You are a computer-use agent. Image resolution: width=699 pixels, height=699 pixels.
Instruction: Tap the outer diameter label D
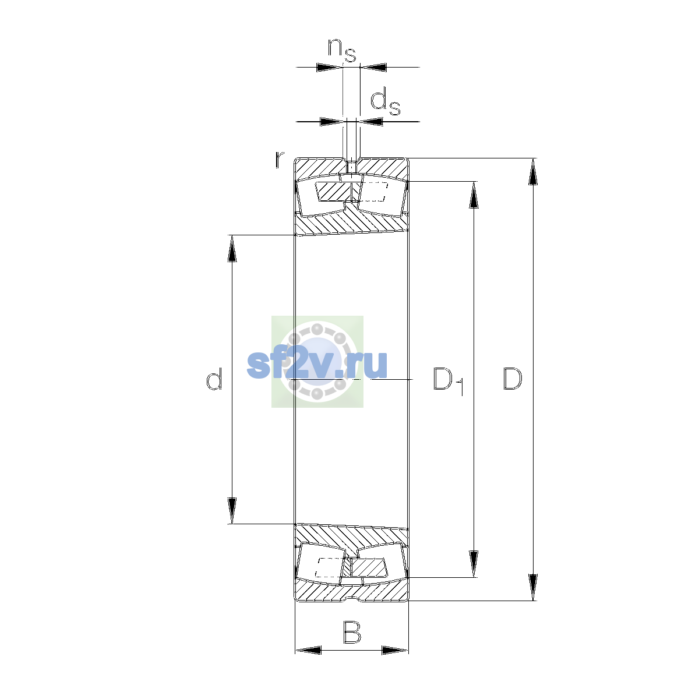[513, 379]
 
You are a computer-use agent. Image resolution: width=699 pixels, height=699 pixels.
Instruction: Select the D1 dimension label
[449, 380]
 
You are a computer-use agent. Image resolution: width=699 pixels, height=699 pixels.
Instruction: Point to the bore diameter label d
[214, 379]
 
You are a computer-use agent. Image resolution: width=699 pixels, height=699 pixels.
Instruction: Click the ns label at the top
[342, 50]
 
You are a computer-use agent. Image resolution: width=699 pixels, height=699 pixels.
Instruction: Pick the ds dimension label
[385, 103]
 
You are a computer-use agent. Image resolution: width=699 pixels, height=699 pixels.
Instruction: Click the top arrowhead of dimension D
[532, 172]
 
